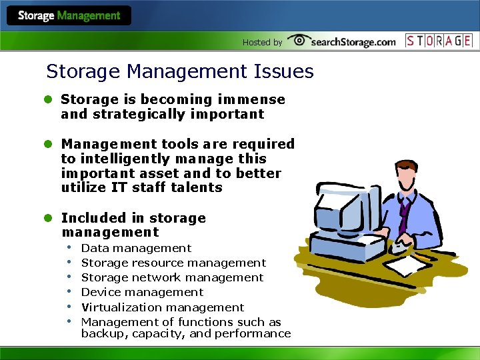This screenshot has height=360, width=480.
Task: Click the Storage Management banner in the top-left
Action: pyautogui.click(x=69, y=15)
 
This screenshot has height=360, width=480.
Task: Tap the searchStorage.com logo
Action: pyautogui.click(x=343, y=41)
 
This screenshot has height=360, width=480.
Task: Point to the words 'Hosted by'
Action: pyautogui.click(x=262, y=42)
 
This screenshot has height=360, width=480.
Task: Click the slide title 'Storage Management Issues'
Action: pyautogui.click(x=179, y=71)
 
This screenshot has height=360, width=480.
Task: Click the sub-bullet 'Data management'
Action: pyautogui.click(x=136, y=248)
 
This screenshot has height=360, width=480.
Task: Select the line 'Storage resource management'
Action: pyautogui.click(x=173, y=263)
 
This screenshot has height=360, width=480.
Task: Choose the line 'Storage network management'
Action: pyautogui.click(x=172, y=277)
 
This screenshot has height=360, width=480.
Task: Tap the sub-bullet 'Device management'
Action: pyautogui.click(x=142, y=292)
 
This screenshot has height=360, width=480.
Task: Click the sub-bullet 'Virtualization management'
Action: pyautogui.click(x=163, y=307)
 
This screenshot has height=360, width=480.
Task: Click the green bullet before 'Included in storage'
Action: pyautogui.click(x=48, y=218)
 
